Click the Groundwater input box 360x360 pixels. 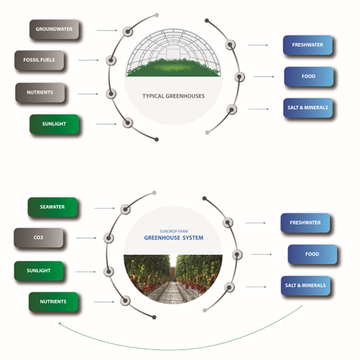(54, 30)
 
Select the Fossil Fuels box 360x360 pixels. (40, 60)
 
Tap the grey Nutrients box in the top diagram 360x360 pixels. (40, 93)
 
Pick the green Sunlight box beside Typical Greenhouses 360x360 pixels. (54, 124)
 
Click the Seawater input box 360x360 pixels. (53, 207)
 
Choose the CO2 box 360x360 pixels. (39, 238)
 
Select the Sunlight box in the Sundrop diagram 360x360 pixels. (39, 271)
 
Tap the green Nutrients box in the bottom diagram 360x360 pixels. (53, 302)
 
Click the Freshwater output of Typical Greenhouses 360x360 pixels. (307, 45)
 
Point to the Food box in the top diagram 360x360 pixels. (309, 76)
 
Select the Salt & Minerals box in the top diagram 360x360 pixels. (308, 108)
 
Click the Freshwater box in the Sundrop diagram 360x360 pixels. (305, 223)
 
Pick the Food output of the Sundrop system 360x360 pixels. (312, 254)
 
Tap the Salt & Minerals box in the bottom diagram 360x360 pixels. (305, 286)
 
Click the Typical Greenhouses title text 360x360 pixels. (174, 96)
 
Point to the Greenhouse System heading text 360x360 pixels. (174, 238)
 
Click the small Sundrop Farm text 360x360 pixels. (174, 231)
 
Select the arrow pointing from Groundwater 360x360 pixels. (107, 30)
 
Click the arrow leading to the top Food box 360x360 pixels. (264, 76)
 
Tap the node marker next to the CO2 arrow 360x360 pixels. (109, 238)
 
